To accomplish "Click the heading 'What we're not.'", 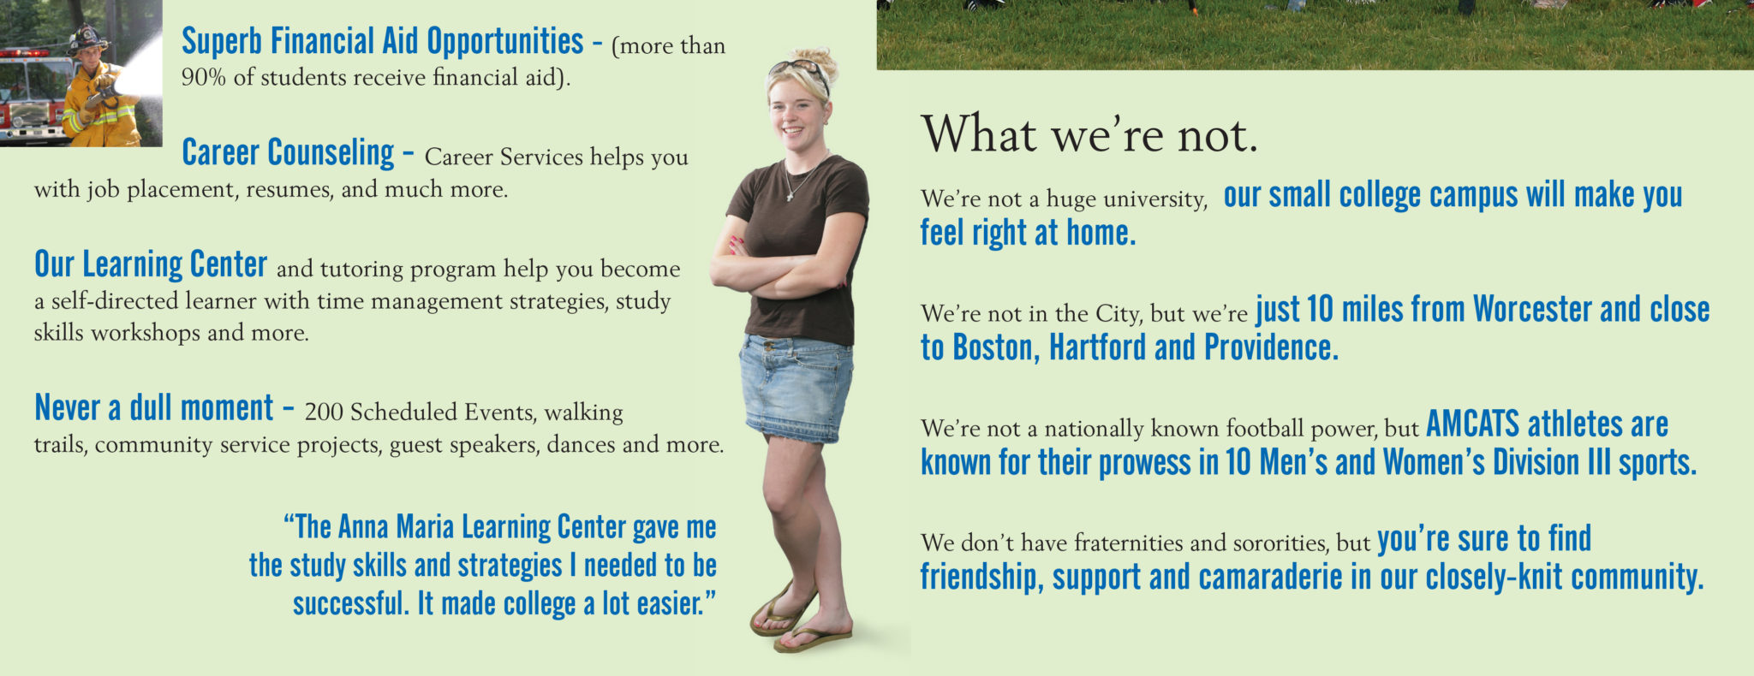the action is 1089,134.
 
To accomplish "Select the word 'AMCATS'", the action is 1472,424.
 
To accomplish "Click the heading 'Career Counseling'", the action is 288,153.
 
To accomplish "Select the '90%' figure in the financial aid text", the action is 203,78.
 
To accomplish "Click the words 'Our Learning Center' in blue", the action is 151,264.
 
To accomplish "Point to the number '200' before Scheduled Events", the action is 323,412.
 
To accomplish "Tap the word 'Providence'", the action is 1271,347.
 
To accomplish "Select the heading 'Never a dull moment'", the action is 154,408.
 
